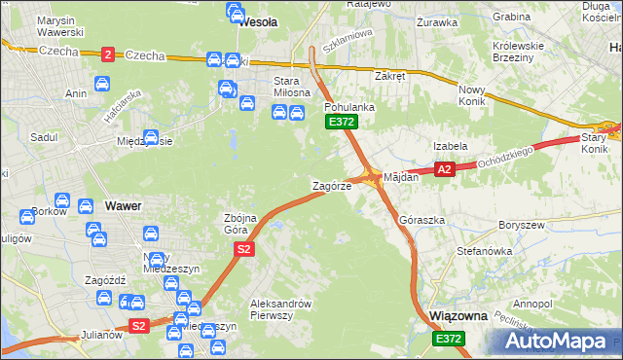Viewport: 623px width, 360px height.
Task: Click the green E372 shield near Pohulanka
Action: (x=341, y=122)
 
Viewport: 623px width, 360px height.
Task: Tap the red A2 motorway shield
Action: (x=444, y=169)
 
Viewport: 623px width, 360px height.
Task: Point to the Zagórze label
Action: (x=331, y=185)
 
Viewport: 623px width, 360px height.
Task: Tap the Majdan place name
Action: (x=401, y=177)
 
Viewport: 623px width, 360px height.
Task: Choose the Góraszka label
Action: (x=422, y=220)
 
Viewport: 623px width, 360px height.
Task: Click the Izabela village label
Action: (x=451, y=146)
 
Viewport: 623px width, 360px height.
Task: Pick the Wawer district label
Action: (x=124, y=206)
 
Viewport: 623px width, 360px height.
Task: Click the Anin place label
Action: (x=75, y=93)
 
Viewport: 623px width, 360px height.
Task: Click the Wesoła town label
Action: (x=258, y=20)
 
